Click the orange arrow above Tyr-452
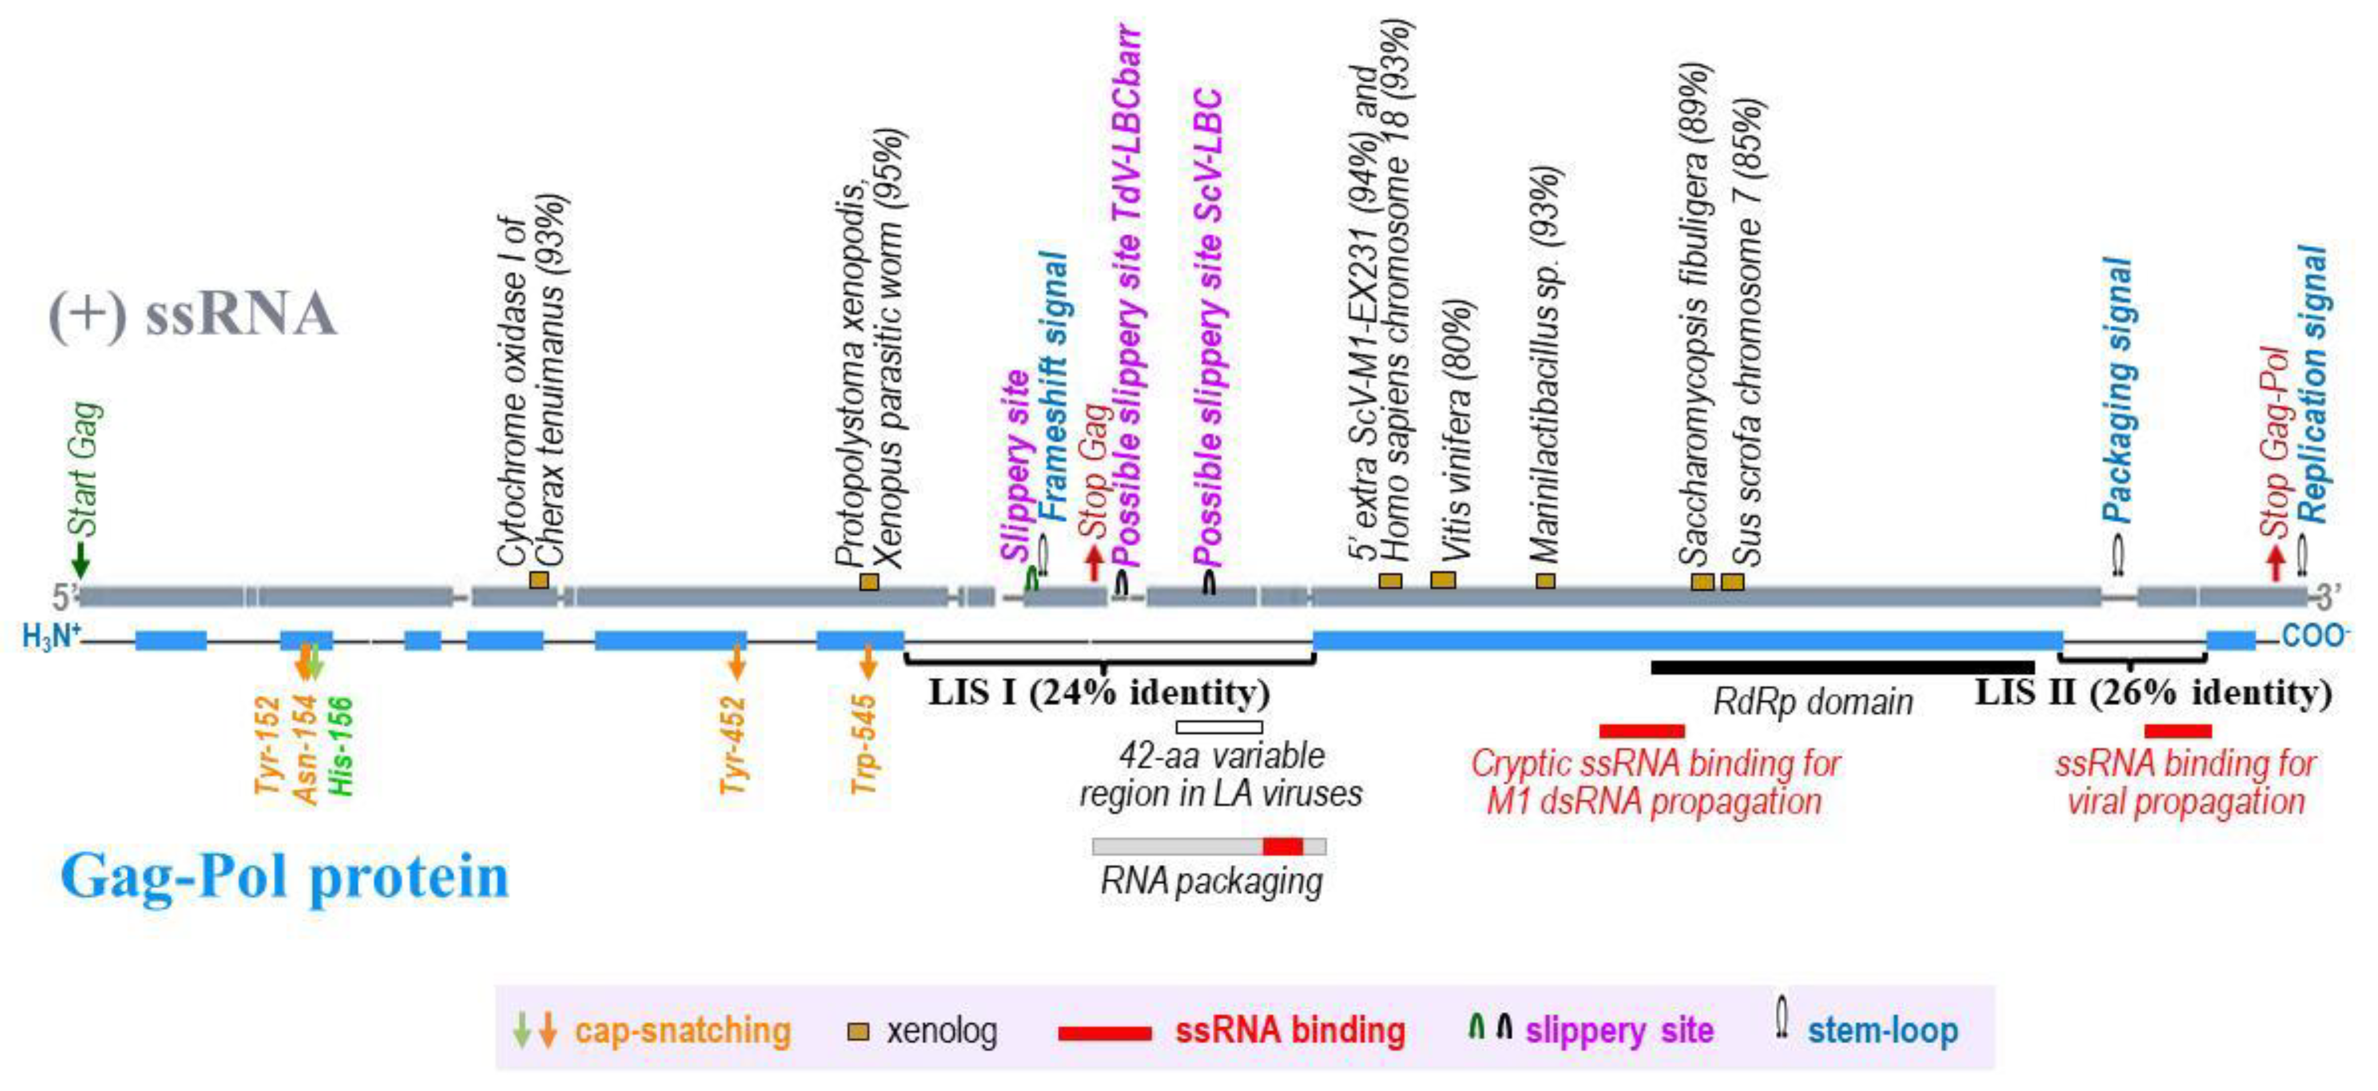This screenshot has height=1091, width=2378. (x=736, y=662)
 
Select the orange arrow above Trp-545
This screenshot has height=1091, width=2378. (x=867, y=662)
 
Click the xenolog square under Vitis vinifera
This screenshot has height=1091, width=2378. (x=1443, y=580)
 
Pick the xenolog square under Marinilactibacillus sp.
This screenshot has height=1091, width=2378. (x=1545, y=581)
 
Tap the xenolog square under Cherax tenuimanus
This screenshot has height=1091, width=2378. (x=539, y=580)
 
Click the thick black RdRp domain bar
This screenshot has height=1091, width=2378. (x=1842, y=667)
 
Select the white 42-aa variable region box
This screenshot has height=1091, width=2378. (x=1219, y=726)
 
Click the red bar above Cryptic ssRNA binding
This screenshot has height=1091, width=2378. (x=1641, y=731)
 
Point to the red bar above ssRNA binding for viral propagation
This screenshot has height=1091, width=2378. (x=2177, y=731)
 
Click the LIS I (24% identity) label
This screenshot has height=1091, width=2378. (x=1099, y=692)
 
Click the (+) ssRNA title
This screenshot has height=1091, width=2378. (x=192, y=314)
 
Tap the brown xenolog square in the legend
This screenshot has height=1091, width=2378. (x=858, y=1031)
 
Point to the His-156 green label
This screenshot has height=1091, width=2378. (x=341, y=746)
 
